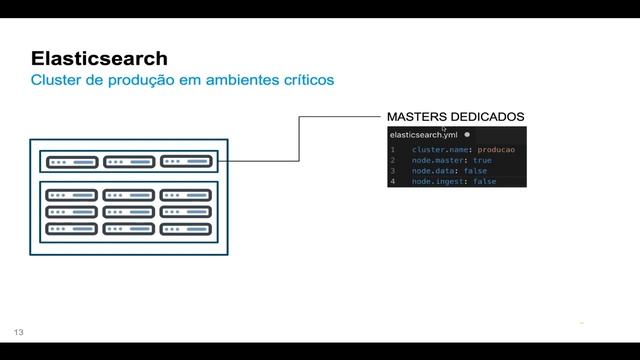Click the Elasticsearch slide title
[99, 58]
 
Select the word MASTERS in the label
[418, 117]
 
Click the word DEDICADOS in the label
[489, 117]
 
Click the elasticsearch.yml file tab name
[423, 134]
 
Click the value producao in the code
[496, 149]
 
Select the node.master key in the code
[439, 160]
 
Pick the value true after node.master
[482, 160]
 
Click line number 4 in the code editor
[393, 182]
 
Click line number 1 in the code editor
[393, 149]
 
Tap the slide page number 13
[18, 331]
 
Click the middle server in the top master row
[128, 161]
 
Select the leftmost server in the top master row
[71, 161]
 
